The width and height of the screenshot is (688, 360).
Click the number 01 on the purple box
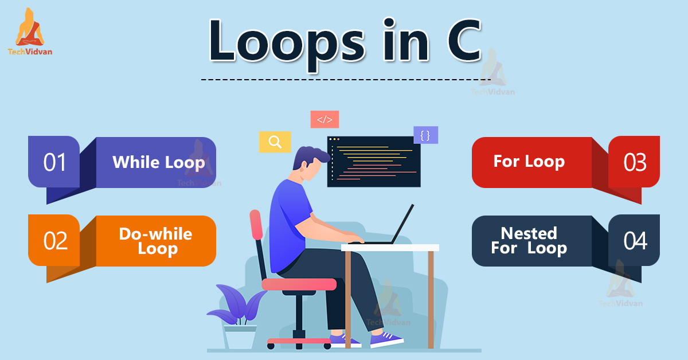pyautogui.click(x=55, y=162)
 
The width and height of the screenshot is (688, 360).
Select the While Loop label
pyautogui.click(x=158, y=162)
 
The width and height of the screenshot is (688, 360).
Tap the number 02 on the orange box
pyautogui.click(x=55, y=241)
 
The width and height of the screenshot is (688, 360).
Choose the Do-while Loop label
pyautogui.click(x=155, y=241)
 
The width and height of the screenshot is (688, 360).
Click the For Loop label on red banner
pyautogui.click(x=529, y=161)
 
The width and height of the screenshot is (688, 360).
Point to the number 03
pyautogui.click(x=635, y=162)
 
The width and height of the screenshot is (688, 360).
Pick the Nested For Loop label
pyautogui.click(x=529, y=241)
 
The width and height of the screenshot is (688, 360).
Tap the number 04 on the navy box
pyautogui.click(x=635, y=241)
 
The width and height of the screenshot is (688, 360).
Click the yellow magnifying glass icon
pyautogui.click(x=275, y=142)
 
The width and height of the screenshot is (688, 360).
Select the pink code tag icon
pyautogui.click(x=325, y=119)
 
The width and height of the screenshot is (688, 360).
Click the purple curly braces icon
pyautogui.click(x=425, y=135)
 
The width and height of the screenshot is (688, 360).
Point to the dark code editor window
pyautogui.click(x=373, y=161)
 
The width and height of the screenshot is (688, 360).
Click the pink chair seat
pyautogui.click(x=299, y=284)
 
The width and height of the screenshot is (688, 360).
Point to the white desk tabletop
pyautogui.click(x=390, y=248)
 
